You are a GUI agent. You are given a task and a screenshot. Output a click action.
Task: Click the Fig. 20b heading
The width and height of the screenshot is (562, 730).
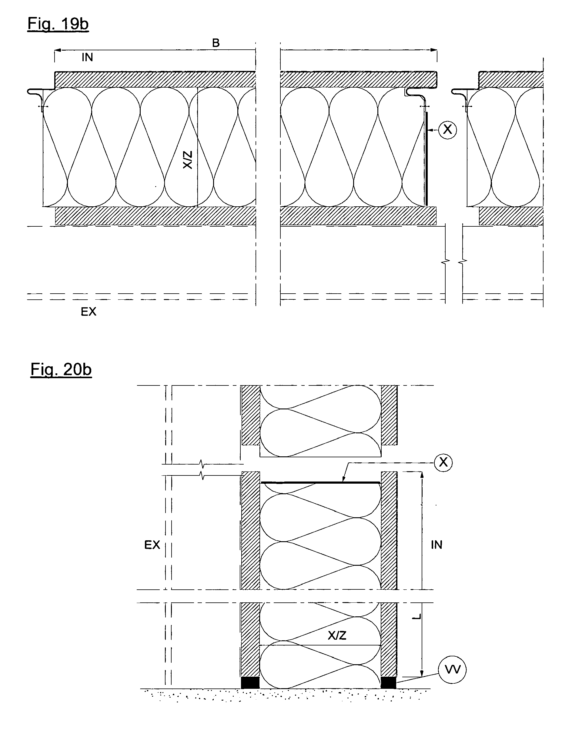point(61,369)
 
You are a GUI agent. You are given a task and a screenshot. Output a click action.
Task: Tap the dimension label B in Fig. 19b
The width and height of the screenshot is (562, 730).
point(216,43)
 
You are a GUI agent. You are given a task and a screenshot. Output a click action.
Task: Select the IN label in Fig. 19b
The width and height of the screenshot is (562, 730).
point(87,58)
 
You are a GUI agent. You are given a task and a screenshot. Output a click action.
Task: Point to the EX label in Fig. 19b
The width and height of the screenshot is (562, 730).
point(88,312)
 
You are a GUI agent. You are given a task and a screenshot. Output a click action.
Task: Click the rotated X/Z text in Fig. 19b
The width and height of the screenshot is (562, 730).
point(188,160)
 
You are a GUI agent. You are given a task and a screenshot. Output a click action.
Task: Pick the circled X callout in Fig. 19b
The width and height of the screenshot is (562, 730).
point(447,129)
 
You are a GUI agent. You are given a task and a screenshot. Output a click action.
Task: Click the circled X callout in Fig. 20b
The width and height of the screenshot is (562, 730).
point(443,462)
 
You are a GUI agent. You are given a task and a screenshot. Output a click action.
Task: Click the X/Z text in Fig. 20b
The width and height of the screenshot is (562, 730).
point(337,635)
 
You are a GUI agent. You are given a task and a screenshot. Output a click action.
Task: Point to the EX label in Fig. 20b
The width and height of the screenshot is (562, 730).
point(152,545)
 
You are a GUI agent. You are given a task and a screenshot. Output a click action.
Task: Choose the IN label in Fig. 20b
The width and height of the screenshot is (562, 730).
point(436,545)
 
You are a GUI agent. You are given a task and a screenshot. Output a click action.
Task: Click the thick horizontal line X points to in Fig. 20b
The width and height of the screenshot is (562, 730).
point(320,483)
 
